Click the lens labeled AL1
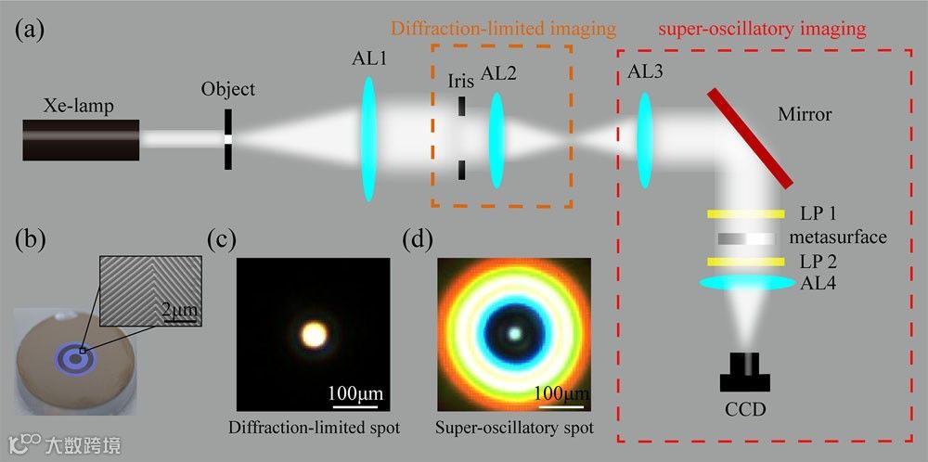[x=368, y=138]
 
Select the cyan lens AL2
[x=496, y=138]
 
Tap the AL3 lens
[x=643, y=138]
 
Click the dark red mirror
[x=752, y=137]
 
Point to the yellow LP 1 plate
[x=742, y=214]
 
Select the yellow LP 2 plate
[x=742, y=262]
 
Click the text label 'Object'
[x=227, y=90]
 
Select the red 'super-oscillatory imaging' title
[x=762, y=29]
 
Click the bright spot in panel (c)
[x=314, y=334]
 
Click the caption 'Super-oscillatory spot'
[x=514, y=429]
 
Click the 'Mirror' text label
[x=804, y=114]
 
